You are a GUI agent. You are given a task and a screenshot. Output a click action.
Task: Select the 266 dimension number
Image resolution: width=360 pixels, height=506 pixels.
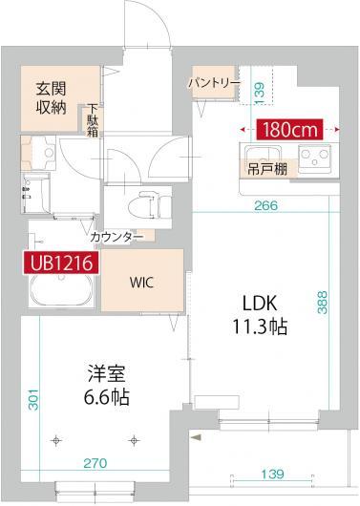[266, 202]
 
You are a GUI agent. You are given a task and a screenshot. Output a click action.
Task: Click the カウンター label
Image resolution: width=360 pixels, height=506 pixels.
[116, 235]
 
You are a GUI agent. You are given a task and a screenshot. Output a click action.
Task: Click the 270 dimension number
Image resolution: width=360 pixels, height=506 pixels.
[93, 463]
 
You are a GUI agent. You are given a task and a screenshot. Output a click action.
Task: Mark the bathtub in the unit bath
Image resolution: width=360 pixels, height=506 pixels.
[60, 292]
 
